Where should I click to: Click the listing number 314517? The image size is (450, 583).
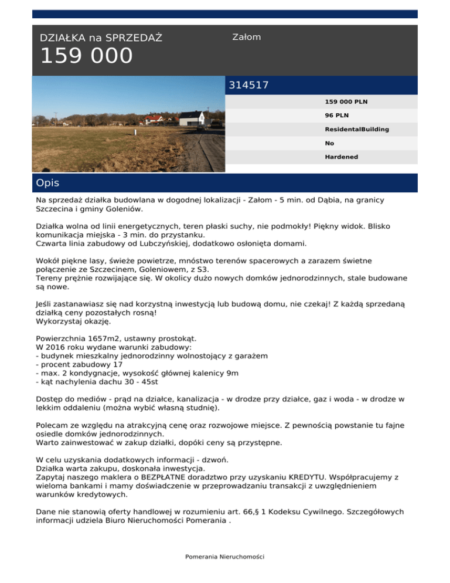pyautogui.click(x=248, y=85)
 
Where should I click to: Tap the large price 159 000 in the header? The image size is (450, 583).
pyautogui.click(x=86, y=57)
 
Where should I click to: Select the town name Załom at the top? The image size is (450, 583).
pyautogui.click(x=247, y=37)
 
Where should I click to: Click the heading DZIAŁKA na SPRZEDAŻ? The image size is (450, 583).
pyautogui.click(x=101, y=38)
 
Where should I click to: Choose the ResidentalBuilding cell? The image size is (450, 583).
pyautogui.click(x=357, y=129)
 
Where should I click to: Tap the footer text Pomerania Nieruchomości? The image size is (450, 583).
pyautogui.click(x=225, y=556)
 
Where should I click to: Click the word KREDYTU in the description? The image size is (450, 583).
pyautogui.click(x=318, y=477)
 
